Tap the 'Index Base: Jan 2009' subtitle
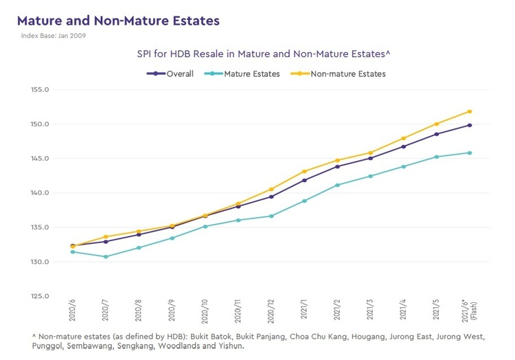[54, 36]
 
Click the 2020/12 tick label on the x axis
[271, 313]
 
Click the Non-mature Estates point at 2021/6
[470, 111]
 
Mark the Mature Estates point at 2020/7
[105, 257]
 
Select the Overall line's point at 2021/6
[470, 125]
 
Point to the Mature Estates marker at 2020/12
[271, 216]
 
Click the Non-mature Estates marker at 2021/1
[304, 171]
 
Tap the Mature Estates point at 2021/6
[470, 153]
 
